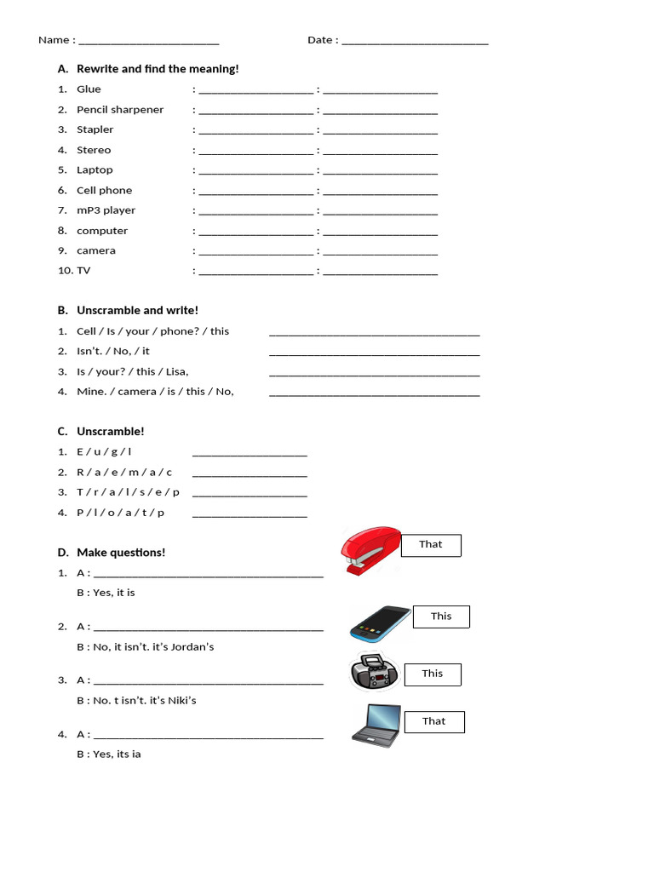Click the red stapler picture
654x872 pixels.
[x=370, y=551]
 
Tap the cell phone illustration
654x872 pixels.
[x=380, y=623]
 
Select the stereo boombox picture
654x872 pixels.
[x=375, y=673]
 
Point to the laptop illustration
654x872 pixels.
[x=376, y=725]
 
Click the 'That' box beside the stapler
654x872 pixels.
[x=431, y=545]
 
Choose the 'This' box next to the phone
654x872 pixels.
[x=441, y=617]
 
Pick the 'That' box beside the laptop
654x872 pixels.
[x=434, y=721]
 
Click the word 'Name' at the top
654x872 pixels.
[x=54, y=40]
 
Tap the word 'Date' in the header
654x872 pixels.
[x=320, y=40]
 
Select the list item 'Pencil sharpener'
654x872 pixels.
[x=120, y=110]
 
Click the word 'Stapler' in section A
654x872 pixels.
[x=95, y=129]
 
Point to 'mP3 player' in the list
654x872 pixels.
[x=106, y=210]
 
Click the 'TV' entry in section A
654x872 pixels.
[x=83, y=271]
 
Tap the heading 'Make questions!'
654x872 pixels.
[x=121, y=553]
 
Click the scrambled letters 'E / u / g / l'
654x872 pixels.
[x=104, y=452]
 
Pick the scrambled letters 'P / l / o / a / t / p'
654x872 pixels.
[x=121, y=513]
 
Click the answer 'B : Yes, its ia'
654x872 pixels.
[x=109, y=754]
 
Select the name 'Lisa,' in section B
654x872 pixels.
[x=177, y=371]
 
